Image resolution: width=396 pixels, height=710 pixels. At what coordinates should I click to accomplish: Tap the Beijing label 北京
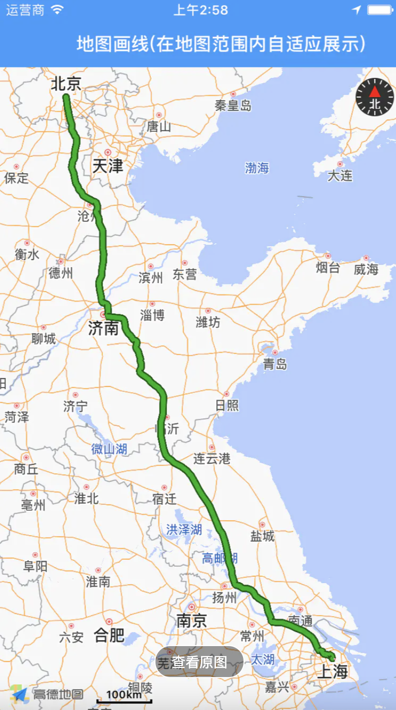click(66, 83)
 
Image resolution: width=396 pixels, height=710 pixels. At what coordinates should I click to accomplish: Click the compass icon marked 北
click(374, 97)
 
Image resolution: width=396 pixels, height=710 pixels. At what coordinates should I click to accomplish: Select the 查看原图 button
click(199, 662)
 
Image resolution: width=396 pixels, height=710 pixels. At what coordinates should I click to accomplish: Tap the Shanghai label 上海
click(332, 672)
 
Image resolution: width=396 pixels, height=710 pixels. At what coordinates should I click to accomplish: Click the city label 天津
click(107, 165)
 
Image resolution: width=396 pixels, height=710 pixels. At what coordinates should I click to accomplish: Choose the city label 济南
click(103, 328)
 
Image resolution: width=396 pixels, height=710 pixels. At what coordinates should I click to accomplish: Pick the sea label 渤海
click(257, 168)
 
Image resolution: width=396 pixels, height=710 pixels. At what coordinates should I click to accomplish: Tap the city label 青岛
click(275, 364)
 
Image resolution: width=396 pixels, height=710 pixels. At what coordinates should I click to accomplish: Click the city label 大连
click(340, 176)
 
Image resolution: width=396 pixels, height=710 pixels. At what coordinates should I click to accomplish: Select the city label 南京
click(191, 621)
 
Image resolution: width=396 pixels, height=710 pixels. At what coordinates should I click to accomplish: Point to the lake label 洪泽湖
click(184, 529)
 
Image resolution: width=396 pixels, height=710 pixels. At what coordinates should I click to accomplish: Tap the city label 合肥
click(109, 635)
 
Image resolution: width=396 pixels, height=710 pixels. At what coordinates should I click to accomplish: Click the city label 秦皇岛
click(233, 105)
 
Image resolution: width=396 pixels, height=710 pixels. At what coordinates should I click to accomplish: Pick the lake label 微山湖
click(109, 449)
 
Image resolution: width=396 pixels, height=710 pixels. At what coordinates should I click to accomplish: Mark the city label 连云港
click(212, 458)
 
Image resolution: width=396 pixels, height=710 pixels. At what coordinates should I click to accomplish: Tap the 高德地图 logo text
click(58, 694)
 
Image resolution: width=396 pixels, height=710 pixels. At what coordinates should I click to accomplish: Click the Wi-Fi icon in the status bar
click(58, 10)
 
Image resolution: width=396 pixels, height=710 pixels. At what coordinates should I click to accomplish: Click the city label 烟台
click(328, 268)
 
